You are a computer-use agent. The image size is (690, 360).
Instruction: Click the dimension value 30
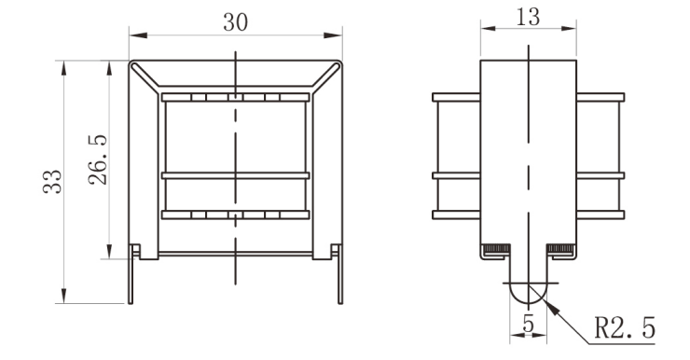235,23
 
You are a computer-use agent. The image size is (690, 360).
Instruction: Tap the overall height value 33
53,181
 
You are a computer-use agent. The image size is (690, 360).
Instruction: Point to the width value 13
528,17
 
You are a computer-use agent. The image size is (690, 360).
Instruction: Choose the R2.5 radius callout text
625,328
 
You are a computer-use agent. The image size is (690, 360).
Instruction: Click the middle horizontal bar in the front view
235,174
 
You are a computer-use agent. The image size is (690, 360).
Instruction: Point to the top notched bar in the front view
235,97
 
